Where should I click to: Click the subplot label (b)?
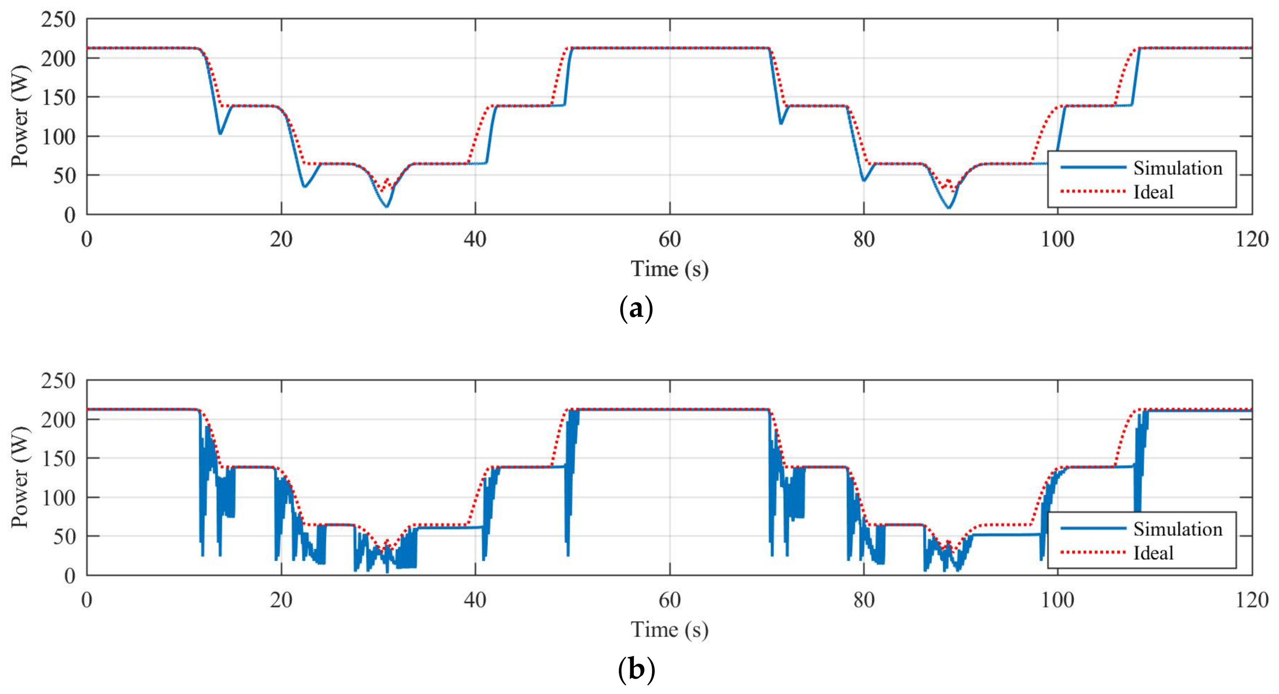point(636,670)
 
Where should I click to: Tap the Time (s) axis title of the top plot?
point(669,269)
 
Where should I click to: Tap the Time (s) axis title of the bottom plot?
point(669,630)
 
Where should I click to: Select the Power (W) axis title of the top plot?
point(20,117)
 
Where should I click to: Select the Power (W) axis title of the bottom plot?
point(20,477)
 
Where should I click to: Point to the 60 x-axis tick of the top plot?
point(669,239)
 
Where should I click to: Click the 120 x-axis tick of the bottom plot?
point(1252,600)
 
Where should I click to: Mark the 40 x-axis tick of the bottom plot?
point(475,600)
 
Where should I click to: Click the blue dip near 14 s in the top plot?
point(220,133)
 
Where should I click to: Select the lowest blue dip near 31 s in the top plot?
point(387,206)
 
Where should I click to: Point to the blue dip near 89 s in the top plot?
point(948,207)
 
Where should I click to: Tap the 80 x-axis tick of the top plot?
point(863,239)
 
